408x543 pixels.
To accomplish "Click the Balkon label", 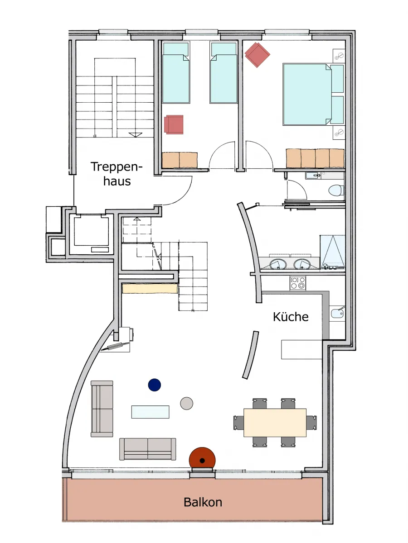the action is [203, 502].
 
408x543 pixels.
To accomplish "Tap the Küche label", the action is [291, 317].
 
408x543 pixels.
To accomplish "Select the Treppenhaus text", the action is [117, 174].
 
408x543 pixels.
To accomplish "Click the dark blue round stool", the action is [154, 385].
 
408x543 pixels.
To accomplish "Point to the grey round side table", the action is [186, 404].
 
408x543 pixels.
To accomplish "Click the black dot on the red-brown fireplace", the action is [202, 461].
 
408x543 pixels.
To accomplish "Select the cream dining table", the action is [275, 423].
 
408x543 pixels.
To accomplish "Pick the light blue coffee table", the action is [150, 412].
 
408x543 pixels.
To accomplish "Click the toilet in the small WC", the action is [336, 191].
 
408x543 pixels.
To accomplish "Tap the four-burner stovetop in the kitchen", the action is [298, 283].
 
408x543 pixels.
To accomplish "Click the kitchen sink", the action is [337, 314].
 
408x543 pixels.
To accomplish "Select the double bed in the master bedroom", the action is [313, 94].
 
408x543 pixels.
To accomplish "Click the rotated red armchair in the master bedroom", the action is [257, 55].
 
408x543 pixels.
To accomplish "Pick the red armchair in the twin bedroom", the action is [174, 124].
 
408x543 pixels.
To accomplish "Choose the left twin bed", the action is [176, 72].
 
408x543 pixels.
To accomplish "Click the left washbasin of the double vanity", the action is [278, 264].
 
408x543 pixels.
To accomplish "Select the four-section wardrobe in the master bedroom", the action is [315, 158].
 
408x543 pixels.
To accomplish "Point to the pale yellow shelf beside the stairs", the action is [150, 288].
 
